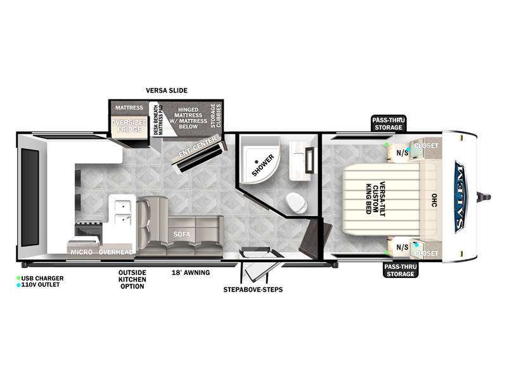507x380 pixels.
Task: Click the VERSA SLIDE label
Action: [167, 91]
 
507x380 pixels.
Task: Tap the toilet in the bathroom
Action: [297, 203]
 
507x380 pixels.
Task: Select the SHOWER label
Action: [263, 165]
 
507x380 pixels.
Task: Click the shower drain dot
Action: [256, 161]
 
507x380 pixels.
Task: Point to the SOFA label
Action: [181, 234]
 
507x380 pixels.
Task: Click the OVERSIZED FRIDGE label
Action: [129, 126]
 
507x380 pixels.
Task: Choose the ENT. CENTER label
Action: [198, 147]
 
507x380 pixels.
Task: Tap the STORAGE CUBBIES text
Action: [215, 115]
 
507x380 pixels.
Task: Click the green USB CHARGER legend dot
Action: [18, 278]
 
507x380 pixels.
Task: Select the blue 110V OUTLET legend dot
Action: [18, 285]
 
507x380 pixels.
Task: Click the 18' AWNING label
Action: [191, 273]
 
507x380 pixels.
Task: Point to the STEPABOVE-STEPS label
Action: [253, 289]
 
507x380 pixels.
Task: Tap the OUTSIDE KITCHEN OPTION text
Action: [132, 279]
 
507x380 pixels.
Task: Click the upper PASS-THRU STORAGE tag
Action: [388, 123]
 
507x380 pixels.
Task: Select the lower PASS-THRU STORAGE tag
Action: [401, 270]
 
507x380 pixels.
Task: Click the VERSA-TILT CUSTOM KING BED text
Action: [375, 199]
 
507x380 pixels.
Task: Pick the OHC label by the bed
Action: [434, 200]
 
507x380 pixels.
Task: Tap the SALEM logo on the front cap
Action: [459, 197]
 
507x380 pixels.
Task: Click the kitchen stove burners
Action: [87, 223]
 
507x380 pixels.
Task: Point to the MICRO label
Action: [82, 252]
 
